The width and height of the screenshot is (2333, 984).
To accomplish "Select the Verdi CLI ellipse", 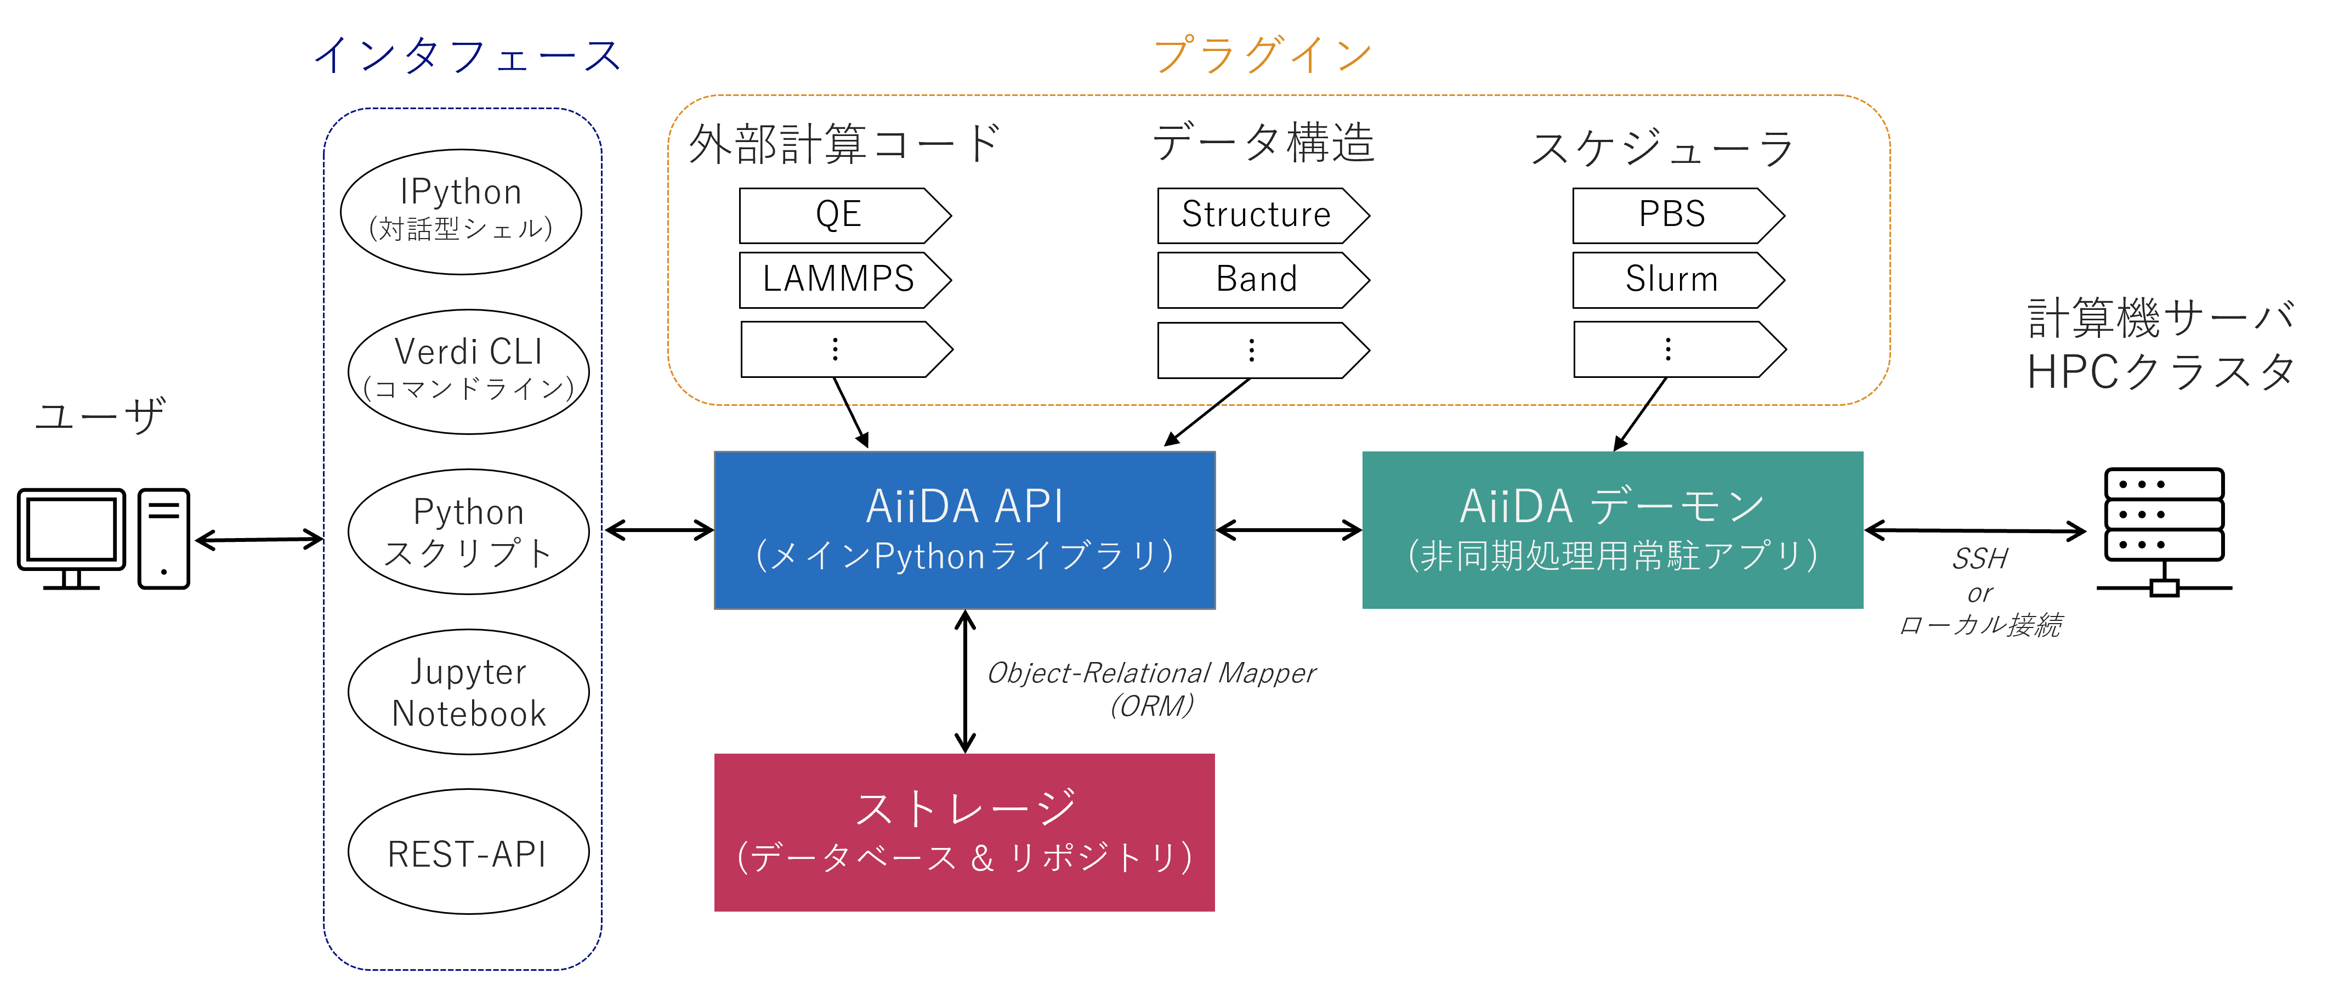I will point(468,371).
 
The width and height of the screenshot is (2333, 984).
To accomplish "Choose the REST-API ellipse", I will point(468,852).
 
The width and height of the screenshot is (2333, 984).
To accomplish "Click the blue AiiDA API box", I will point(964,530).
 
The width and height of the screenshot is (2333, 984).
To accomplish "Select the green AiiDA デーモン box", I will point(1612,530).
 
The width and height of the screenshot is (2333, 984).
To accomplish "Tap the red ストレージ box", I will point(964,832).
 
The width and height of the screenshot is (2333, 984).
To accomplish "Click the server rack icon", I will point(2164,530).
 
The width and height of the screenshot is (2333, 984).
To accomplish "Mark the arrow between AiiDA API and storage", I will point(966,681).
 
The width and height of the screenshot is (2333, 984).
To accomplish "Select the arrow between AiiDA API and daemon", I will point(1288,530).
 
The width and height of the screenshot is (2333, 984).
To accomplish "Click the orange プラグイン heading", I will point(1263,54).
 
